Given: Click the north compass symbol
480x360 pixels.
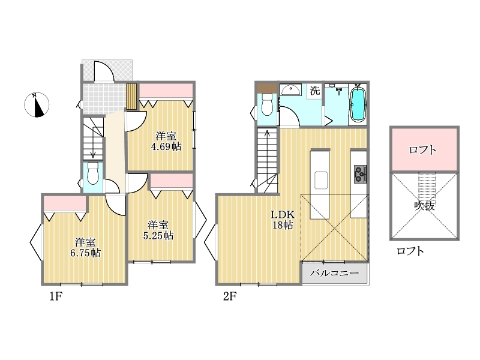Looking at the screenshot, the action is [x=37, y=104].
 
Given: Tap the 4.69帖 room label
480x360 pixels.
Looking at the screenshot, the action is [x=166, y=141].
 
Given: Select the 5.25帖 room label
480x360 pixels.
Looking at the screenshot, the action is [x=158, y=230].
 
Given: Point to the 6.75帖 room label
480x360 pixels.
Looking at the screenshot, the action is [x=86, y=248].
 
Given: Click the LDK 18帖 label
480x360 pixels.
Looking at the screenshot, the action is [x=283, y=220].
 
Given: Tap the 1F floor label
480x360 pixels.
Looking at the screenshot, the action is [x=56, y=296].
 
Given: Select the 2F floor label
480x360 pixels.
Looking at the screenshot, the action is [x=230, y=296].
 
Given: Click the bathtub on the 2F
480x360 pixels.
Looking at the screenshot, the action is [x=358, y=104].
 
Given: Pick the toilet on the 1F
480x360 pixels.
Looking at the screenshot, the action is [x=92, y=174].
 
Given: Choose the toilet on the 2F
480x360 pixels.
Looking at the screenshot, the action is [x=267, y=104].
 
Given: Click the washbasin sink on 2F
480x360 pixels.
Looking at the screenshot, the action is [x=290, y=90].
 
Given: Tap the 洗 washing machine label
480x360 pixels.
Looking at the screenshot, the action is [x=314, y=91].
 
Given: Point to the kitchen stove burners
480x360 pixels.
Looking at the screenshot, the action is [x=361, y=174].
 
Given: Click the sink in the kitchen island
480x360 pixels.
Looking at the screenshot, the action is [x=320, y=181].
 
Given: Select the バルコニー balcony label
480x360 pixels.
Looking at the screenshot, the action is [x=334, y=273].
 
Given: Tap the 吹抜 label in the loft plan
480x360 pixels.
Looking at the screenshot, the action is [x=424, y=206].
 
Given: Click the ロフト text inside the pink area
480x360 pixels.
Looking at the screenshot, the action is [x=422, y=149].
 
